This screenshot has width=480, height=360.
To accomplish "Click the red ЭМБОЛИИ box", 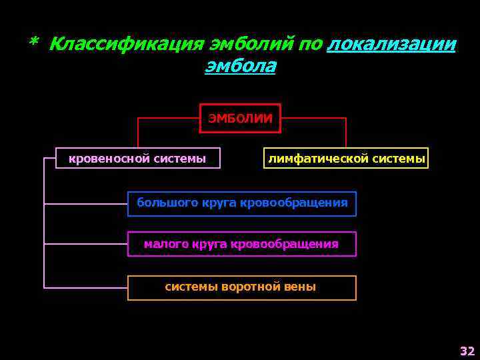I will click(241, 119).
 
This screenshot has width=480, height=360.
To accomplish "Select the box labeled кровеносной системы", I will click(137, 158).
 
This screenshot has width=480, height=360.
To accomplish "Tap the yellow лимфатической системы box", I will click(346, 158).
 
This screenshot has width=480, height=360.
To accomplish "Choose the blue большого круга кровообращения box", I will click(242, 203).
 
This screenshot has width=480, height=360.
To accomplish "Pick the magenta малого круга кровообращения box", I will click(242, 244).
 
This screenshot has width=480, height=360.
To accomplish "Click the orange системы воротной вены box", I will click(242, 287).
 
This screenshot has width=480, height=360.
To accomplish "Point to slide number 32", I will click(467, 351).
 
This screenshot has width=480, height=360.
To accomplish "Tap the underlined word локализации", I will click(392, 45).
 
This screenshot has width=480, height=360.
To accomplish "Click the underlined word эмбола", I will click(240, 67).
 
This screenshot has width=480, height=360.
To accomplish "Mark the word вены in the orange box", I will click(301, 287).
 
